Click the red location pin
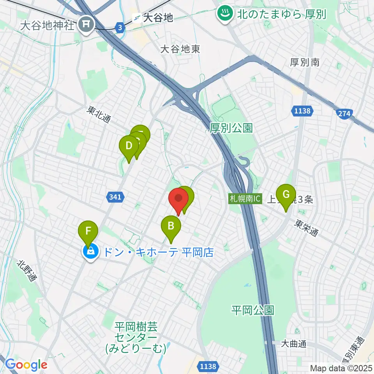(179, 199)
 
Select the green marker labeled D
(129, 146)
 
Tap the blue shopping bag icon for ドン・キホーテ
(90, 251)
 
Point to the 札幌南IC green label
(245, 199)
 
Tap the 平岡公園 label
(252, 310)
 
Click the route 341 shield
(115, 198)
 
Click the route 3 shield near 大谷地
(120, 27)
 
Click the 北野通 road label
(27, 272)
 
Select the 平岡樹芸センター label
(136, 337)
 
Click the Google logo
(26, 365)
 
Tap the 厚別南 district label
(305, 62)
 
